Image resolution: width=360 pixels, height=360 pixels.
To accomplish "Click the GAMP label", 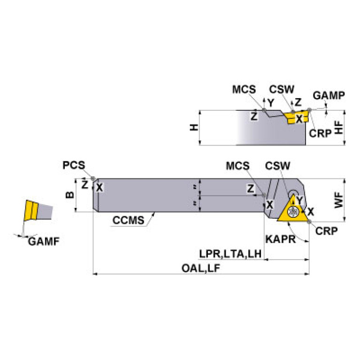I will tap(329, 95).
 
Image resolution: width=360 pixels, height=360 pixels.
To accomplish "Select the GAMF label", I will tap(44, 242).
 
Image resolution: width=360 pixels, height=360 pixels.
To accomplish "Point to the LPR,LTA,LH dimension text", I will tap(230, 253).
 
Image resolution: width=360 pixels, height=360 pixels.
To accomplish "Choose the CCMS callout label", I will tap(128, 220).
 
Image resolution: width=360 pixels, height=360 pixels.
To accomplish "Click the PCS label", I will tap(74, 165).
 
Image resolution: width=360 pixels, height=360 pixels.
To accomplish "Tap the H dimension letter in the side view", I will tap(192, 127).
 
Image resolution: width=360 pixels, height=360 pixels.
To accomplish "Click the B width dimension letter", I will tap(69, 194).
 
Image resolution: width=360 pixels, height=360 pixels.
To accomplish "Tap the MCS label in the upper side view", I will tap(244, 90).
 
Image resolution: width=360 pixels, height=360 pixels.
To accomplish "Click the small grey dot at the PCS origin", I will tap(94, 178).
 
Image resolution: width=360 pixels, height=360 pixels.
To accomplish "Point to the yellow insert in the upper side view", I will tap(297, 117).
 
